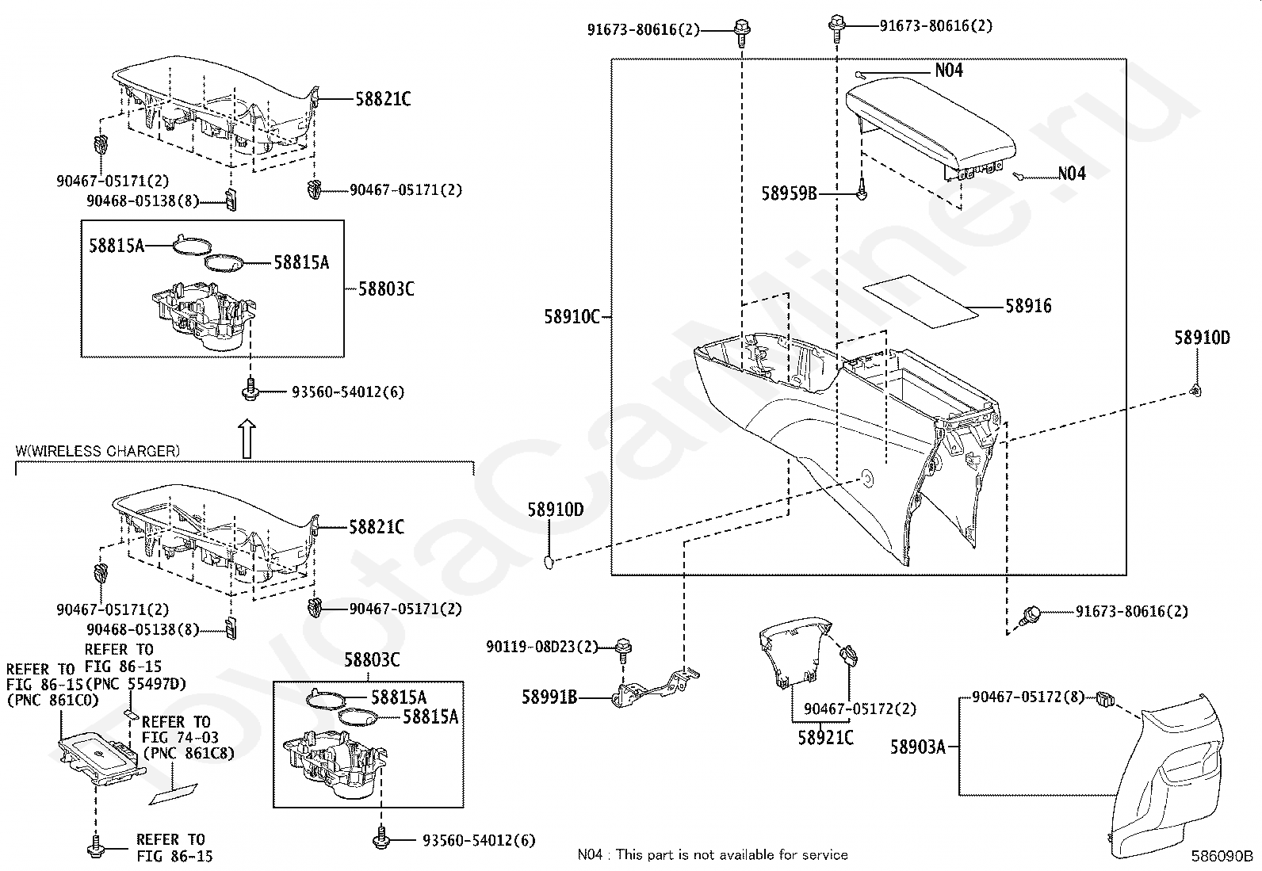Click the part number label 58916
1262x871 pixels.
pos(1028,306)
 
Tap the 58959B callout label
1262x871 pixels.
pos(789,193)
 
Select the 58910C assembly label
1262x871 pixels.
pos(572,316)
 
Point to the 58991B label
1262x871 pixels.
pos(549,697)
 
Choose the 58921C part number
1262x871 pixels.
pos(825,737)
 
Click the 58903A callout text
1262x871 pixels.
pos(917,747)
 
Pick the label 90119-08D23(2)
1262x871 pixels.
pos(542,648)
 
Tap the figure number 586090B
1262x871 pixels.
pos(1221,856)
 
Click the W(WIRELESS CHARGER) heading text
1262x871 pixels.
pos(98,451)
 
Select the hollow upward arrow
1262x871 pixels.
pos(247,438)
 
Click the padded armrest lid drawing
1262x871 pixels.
pos(931,127)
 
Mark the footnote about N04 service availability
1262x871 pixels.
pos(712,854)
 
